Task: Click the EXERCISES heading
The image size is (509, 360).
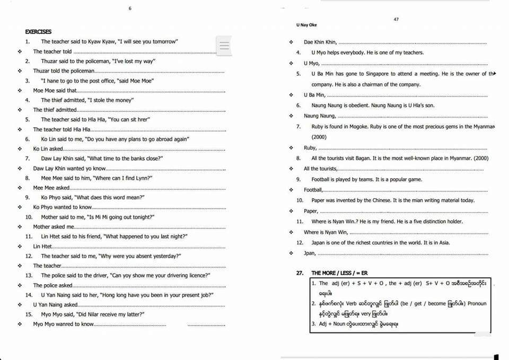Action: (x=38, y=32)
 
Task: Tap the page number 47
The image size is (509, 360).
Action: (x=396, y=20)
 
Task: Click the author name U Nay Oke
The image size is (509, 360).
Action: (x=306, y=25)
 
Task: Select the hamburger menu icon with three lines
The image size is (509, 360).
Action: (x=225, y=46)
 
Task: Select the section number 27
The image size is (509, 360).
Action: (x=300, y=273)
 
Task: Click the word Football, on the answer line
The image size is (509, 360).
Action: (x=313, y=190)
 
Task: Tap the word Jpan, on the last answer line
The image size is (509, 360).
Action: (x=310, y=253)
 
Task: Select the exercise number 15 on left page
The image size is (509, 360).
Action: (x=29, y=314)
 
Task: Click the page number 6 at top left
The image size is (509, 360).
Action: (x=129, y=8)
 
